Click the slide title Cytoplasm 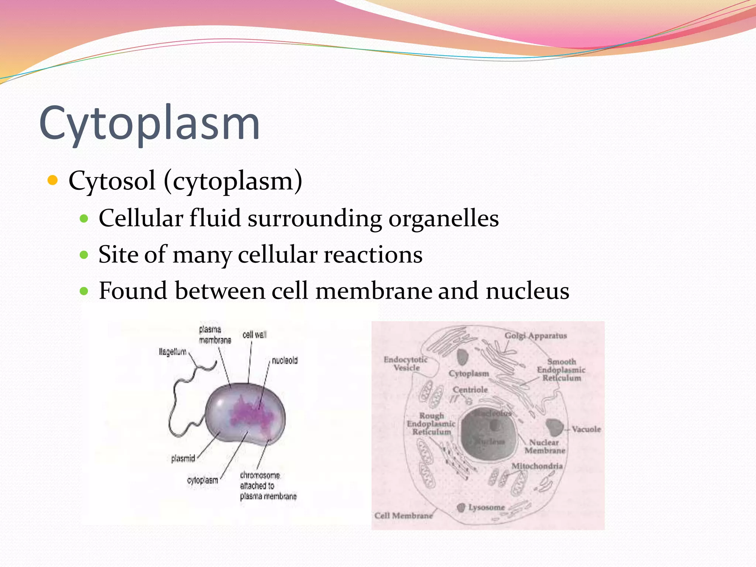[x=149, y=124]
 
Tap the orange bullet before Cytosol [x=53, y=181]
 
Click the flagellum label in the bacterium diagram [x=172, y=352]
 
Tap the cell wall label [x=254, y=335]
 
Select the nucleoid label [x=285, y=360]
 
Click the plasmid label [x=183, y=458]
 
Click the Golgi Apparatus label [x=536, y=336]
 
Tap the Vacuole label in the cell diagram [x=586, y=429]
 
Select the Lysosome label [x=486, y=508]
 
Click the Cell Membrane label [x=403, y=516]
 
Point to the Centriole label [x=470, y=390]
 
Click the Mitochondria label [x=537, y=466]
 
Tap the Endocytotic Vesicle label [x=406, y=364]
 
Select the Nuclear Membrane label [x=544, y=447]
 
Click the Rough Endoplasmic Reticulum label [x=431, y=424]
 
